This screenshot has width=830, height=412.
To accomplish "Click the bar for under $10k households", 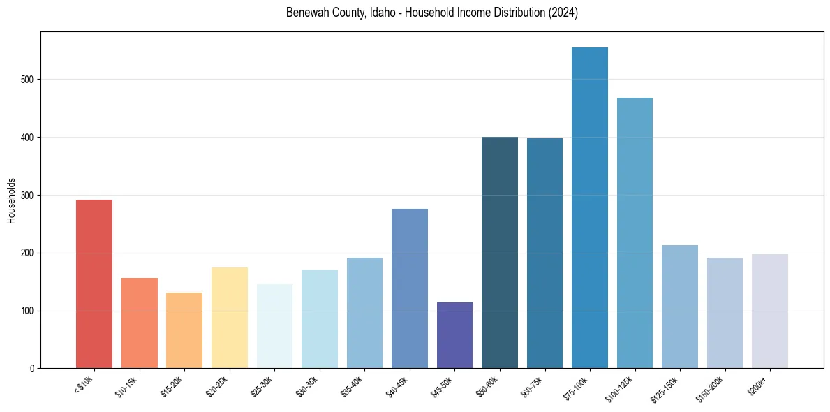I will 94,284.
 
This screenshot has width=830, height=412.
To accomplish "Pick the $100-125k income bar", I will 635,233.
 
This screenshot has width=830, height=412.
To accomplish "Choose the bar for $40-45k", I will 410,288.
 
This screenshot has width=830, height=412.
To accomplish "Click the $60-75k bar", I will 544,253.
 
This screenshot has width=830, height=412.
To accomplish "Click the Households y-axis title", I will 12,200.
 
